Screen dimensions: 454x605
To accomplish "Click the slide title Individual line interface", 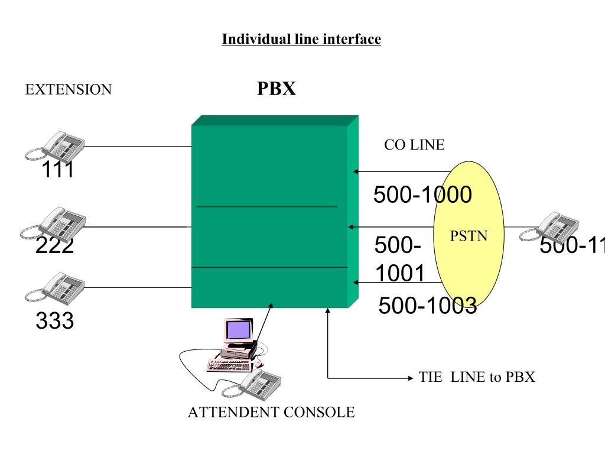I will coord(301,40).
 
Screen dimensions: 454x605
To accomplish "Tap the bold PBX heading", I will coord(276,89).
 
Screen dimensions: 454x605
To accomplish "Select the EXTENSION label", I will coord(69,90).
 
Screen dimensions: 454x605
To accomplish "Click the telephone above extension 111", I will coord(56,145).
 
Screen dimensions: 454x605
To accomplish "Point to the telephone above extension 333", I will coord(56,287).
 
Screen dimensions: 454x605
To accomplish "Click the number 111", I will coord(57,171).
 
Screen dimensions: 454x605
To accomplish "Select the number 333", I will coord(54,321).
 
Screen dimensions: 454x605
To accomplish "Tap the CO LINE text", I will coord(414,145).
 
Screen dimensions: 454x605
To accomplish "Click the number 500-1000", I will coord(422,194).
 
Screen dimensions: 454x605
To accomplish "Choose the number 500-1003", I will coord(427,305).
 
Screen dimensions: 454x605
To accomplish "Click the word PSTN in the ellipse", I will coord(469,236).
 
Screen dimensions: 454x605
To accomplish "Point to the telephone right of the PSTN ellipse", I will coord(549,228).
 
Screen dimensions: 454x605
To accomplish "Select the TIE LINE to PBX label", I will coord(477,377).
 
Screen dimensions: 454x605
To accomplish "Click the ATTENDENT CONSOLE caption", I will coord(271,412).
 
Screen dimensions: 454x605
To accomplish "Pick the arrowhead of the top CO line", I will coord(356,171).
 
